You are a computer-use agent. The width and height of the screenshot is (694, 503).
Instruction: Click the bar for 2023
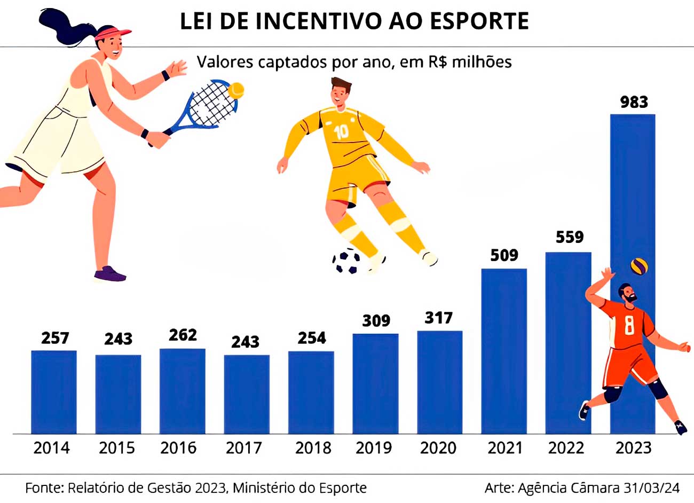632,214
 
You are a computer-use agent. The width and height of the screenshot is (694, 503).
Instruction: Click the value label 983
634,102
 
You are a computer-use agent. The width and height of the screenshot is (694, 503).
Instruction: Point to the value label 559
570,237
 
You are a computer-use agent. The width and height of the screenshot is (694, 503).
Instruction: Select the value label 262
183,335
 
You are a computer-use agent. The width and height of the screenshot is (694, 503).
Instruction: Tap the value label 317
439,318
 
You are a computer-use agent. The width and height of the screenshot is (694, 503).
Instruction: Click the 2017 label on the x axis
244,447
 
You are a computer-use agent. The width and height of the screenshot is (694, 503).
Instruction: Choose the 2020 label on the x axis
438,447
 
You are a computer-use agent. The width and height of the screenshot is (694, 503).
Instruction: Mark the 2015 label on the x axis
117,447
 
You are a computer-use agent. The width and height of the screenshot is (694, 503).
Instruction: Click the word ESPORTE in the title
479,21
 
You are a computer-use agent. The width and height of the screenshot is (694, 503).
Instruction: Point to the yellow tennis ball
236,89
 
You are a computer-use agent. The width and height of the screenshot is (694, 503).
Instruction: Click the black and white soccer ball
346,261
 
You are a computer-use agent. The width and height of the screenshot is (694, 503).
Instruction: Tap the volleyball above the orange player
639,265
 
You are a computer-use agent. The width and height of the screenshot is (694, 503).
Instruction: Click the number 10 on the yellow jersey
341,131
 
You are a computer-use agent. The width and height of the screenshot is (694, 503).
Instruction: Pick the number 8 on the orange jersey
629,324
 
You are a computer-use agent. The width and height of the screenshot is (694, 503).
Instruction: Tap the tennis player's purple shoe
109,274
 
